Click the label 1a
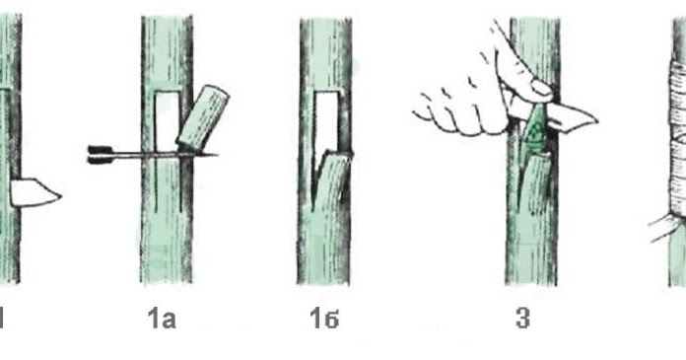(162, 319)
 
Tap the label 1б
(324, 319)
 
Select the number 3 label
(522, 319)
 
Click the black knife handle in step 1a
(101, 154)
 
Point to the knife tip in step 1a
(216, 154)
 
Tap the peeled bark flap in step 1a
(202, 117)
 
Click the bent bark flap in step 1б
(331, 181)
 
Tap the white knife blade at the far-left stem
(35, 192)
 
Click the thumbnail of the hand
(541, 88)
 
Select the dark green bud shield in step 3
(533, 131)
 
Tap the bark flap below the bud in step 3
(535, 183)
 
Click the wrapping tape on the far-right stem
(678, 140)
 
